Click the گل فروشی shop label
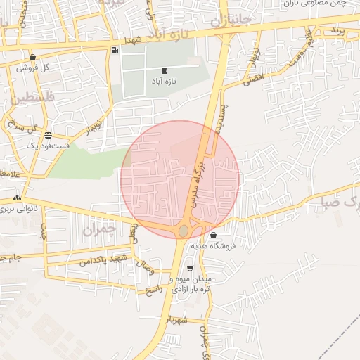(34, 68)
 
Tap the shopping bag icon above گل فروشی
(33, 58)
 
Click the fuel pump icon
(114, 51)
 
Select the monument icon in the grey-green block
(165, 70)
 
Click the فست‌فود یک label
(48, 145)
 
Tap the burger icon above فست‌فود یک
(48, 135)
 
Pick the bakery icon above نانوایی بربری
(17, 198)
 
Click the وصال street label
(148, 268)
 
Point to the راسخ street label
(153, 288)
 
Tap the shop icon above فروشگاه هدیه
(213, 235)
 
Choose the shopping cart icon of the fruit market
(190, 269)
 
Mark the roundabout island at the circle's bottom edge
(184, 231)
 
